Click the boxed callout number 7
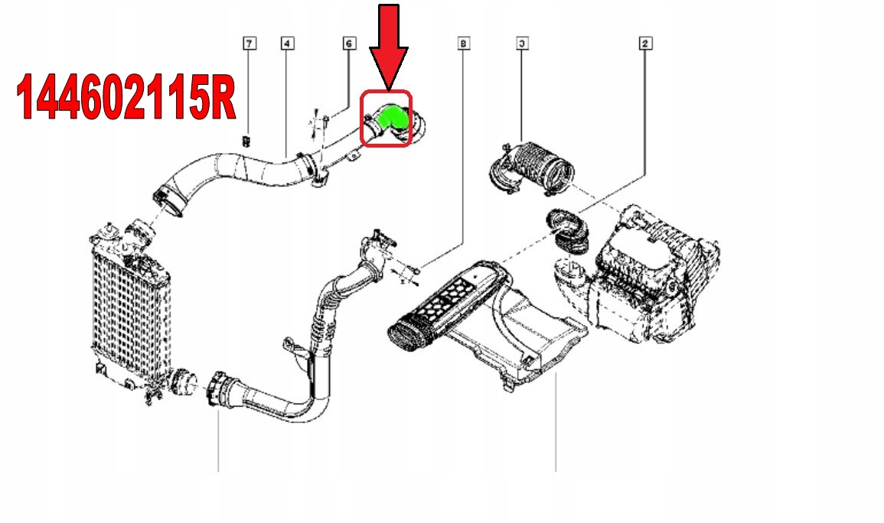(x=249, y=44)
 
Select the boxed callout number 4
(x=286, y=44)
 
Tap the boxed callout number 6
(x=348, y=44)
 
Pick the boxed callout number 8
(x=462, y=44)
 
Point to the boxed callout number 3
(x=522, y=44)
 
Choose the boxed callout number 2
(x=645, y=44)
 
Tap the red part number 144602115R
(x=126, y=98)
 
